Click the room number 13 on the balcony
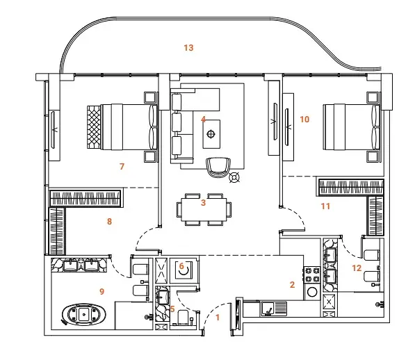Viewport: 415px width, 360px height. (x=188, y=48)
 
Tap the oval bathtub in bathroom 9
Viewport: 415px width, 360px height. (x=84, y=315)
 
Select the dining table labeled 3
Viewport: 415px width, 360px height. (x=204, y=209)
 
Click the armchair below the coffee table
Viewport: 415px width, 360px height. (x=218, y=167)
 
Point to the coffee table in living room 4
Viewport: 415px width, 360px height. (x=211, y=134)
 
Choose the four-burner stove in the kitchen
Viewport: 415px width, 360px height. (x=312, y=275)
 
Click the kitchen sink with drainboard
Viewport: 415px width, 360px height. (x=274, y=309)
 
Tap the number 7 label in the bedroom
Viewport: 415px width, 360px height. (x=122, y=167)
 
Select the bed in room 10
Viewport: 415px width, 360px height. (x=351, y=127)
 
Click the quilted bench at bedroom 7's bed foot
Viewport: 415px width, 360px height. (x=94, y=127)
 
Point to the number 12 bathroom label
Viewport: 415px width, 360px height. (x=357, y=268)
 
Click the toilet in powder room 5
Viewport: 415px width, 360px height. (x=183, y=317)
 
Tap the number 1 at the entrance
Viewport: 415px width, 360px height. (x=218, y=318)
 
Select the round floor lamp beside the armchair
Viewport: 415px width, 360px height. (x=234, y=177)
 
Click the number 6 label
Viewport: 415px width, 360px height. (x=181, y=266)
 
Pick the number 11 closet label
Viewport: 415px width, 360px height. (x=325, y=206)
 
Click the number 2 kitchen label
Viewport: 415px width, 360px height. (x=292, y=285)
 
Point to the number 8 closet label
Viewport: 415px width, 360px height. (x=109, y=222)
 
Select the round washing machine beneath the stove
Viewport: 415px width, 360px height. (x=312, y=293)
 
